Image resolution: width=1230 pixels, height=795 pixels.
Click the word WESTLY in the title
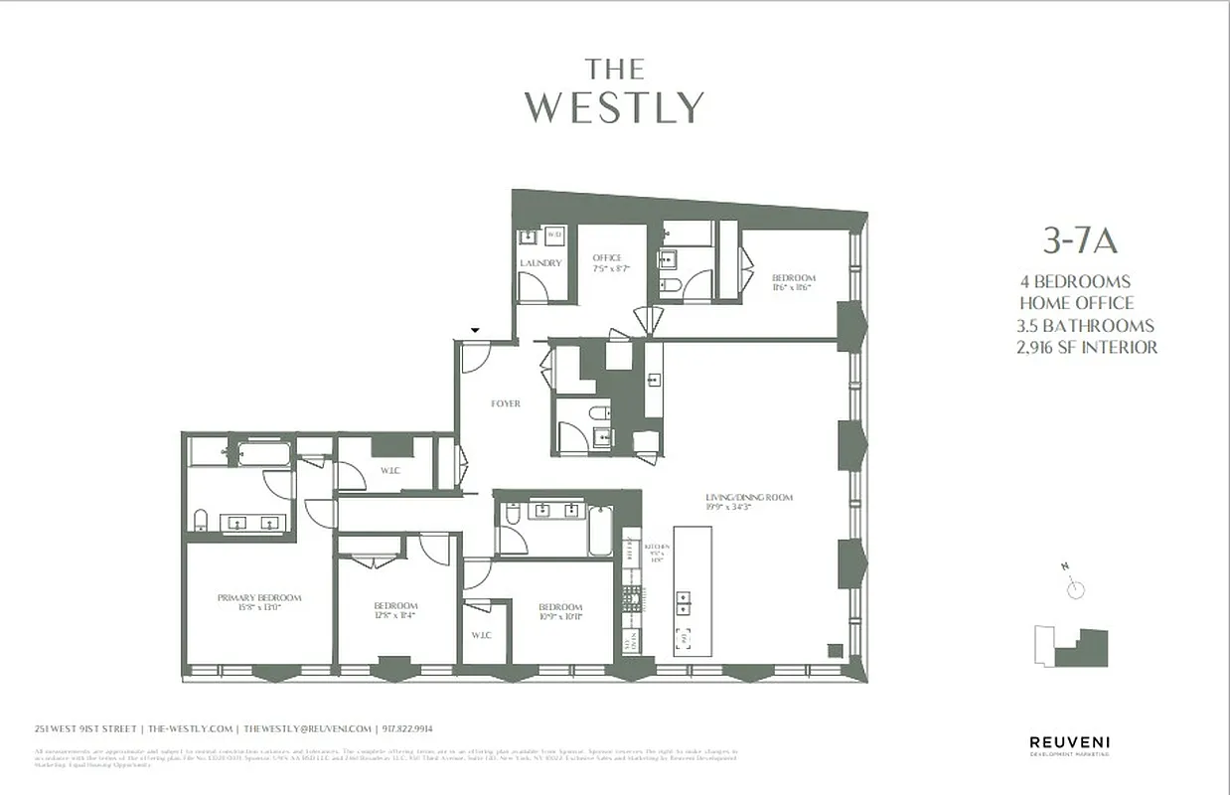614,107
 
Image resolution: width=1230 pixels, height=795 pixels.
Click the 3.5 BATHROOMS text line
1086,326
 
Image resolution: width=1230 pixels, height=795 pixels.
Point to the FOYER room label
506,403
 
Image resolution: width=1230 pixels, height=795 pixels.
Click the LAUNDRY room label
540,263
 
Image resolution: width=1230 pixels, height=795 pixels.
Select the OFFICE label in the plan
607,258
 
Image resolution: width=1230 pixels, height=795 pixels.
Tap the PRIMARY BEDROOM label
258,598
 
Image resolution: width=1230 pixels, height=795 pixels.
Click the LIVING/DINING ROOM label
749,498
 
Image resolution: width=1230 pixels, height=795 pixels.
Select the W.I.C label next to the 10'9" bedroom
481,635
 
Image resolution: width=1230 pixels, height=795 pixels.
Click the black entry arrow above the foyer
475,330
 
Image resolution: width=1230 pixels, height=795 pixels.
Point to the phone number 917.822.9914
411,728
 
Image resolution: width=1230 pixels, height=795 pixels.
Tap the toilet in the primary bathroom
200,521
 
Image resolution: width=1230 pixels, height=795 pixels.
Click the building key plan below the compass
1071,646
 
